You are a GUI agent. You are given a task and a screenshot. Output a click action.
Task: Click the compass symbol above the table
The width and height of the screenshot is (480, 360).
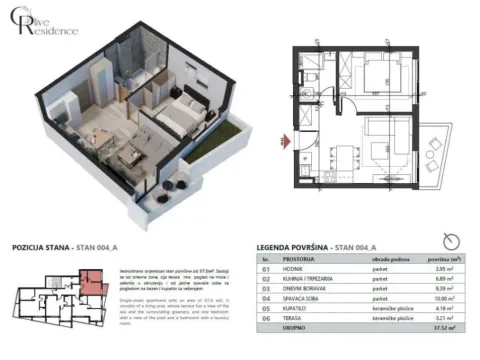(x=456, y=240)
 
